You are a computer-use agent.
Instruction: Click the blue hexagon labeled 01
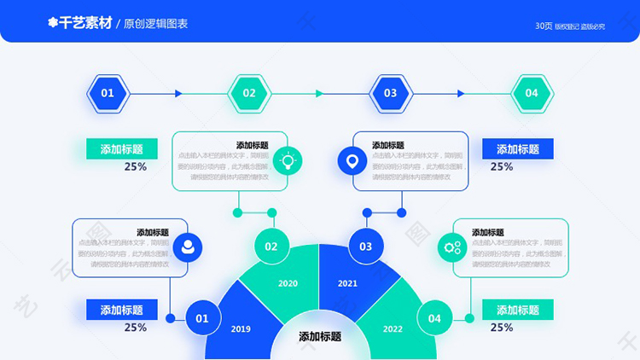click(x=108, y=93)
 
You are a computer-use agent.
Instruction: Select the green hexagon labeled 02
click(x=249, y=93)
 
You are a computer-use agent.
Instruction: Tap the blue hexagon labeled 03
click(x=390, y=93)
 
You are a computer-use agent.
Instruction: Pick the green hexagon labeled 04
click(x=532, y=93)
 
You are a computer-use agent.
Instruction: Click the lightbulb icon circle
click(x=288, y=160)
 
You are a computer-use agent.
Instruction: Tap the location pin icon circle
click(x=351, y=160)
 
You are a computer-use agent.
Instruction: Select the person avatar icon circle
click(x=188, y=247)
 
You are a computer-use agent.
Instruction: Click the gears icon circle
click(x=451, y=247)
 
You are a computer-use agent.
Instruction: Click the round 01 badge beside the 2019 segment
click(x=202, y=318)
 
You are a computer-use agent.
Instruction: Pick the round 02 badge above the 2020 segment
click(x=271, y=247)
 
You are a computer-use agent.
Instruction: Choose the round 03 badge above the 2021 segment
click(x=365, y=247)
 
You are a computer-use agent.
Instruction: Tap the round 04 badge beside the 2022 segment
click(x=434, y=318)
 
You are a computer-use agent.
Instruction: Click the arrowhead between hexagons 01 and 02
click(x=178, y=93)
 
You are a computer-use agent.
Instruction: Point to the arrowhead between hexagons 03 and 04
click(x=461, y=93)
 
